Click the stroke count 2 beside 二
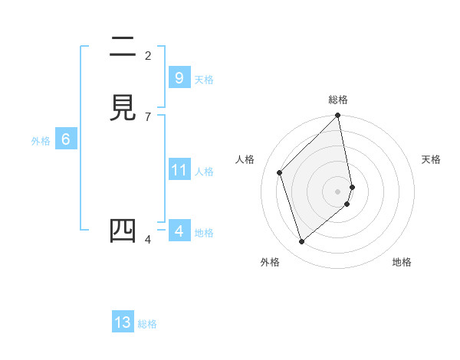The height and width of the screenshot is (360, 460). [147, 55]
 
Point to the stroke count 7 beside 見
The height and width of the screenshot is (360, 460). [147, 116]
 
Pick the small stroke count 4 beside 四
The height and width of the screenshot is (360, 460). [147, 240]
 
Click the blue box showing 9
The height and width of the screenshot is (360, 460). [179, 78]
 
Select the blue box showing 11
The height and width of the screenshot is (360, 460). [179, 170]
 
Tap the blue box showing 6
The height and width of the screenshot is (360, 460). [65, 139]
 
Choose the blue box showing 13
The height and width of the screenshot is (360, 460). [123, 322]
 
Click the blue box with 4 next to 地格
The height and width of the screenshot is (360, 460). [179, 231]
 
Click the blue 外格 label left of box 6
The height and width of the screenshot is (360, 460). [41, 141]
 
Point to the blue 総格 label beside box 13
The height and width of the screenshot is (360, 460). [147, 324]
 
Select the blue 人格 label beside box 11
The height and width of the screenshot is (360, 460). [205, 172]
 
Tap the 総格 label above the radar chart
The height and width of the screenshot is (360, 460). [338, 100]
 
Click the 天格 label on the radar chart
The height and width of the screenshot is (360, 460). [431, 159]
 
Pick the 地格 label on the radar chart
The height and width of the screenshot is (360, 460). [402, 262]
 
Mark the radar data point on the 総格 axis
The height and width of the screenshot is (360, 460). [338, 116]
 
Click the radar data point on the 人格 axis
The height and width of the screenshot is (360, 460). [280, 172]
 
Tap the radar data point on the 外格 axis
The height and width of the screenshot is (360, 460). [302, 242]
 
